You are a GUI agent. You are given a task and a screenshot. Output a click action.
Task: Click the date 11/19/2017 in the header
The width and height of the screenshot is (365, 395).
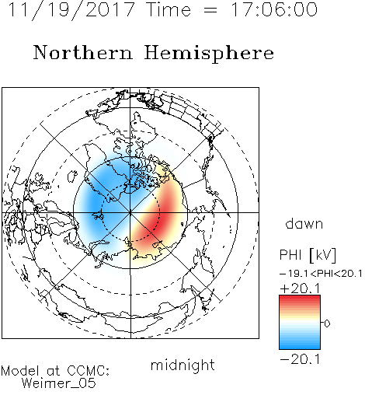pos(71,10)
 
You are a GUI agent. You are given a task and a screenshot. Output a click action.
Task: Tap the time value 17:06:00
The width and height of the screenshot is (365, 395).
pos(273,9)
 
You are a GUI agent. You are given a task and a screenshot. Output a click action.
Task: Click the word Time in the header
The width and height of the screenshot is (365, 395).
pos(169,9)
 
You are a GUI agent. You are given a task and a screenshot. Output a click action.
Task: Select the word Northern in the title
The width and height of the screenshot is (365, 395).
pos(82,52)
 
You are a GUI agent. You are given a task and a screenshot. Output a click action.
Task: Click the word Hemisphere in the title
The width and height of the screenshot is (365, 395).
pos(209,54)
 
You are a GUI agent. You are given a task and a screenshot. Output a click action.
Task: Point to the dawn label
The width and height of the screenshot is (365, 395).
pos(304,223)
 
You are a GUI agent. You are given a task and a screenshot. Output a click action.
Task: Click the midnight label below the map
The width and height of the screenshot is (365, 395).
pos(182,365)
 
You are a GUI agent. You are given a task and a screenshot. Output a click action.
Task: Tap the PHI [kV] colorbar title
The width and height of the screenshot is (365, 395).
pos(308,255)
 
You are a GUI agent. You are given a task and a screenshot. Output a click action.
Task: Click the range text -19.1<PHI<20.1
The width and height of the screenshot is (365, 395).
pos(321,274)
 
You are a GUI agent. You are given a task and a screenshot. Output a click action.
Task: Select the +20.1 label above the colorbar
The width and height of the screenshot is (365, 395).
pos(300,288)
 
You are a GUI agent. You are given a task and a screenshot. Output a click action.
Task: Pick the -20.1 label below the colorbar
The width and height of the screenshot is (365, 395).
pos(300,359)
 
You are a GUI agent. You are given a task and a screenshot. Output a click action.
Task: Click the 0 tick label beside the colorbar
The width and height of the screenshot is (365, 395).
pos(327,323)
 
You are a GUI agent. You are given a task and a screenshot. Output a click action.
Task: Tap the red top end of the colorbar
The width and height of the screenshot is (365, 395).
pos(300,299)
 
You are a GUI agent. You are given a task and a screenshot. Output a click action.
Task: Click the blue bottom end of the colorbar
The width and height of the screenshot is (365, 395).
pos(300,346)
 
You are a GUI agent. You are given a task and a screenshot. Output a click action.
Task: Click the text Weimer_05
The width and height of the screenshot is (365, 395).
pos(59,383)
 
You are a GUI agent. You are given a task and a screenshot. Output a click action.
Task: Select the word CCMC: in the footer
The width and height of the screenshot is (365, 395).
pos(89,371)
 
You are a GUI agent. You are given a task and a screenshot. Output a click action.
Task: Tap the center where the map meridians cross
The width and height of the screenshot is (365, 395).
pos(130,212)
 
